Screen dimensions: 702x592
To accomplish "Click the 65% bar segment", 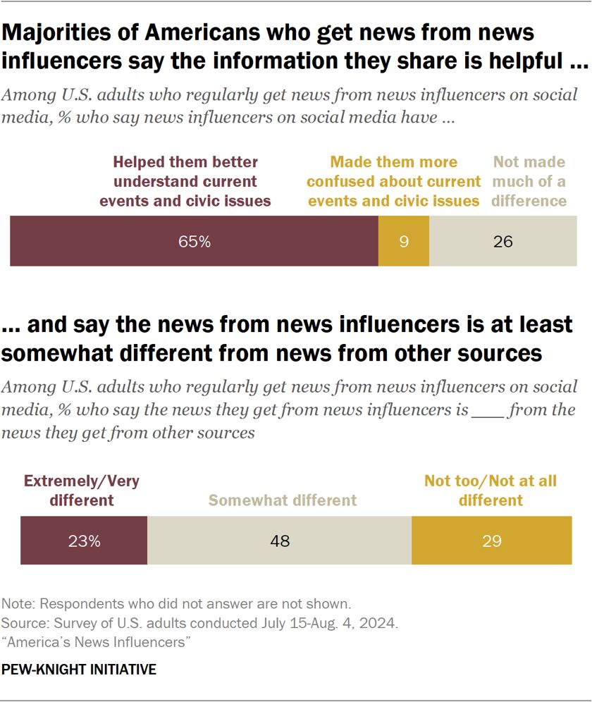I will pos(194,242).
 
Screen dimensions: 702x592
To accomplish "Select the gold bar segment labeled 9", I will pos(404,242).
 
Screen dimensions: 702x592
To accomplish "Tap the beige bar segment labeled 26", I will pos(503,242).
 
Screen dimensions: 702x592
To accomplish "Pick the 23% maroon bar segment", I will pos(84,541).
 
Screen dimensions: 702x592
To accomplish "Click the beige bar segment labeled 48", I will pos(279,541).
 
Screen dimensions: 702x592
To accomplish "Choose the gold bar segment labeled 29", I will pos(491,541).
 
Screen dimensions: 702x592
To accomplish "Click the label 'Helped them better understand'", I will pos(185,181).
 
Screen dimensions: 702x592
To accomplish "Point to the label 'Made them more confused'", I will pos(394,181).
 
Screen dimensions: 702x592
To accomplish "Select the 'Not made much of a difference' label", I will pos(529,181).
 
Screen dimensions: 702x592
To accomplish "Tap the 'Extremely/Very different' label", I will pos(82,491).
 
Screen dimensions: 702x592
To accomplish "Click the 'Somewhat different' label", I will pos(282,500).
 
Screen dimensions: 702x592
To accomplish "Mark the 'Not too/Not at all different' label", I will pos(491,491).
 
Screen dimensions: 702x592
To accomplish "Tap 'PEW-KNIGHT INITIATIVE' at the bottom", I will pos(79,670).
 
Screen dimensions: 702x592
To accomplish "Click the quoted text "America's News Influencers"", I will pos(98,642).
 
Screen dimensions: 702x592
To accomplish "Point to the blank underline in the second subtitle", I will pos(486,410).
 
